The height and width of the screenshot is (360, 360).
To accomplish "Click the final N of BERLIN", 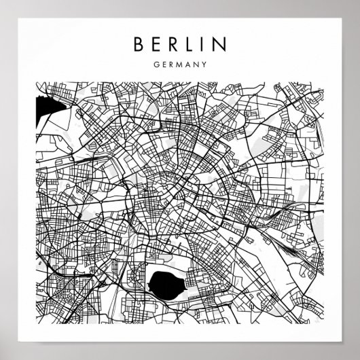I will click(223, 45).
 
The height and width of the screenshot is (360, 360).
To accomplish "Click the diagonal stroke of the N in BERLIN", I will click(223, 45).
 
